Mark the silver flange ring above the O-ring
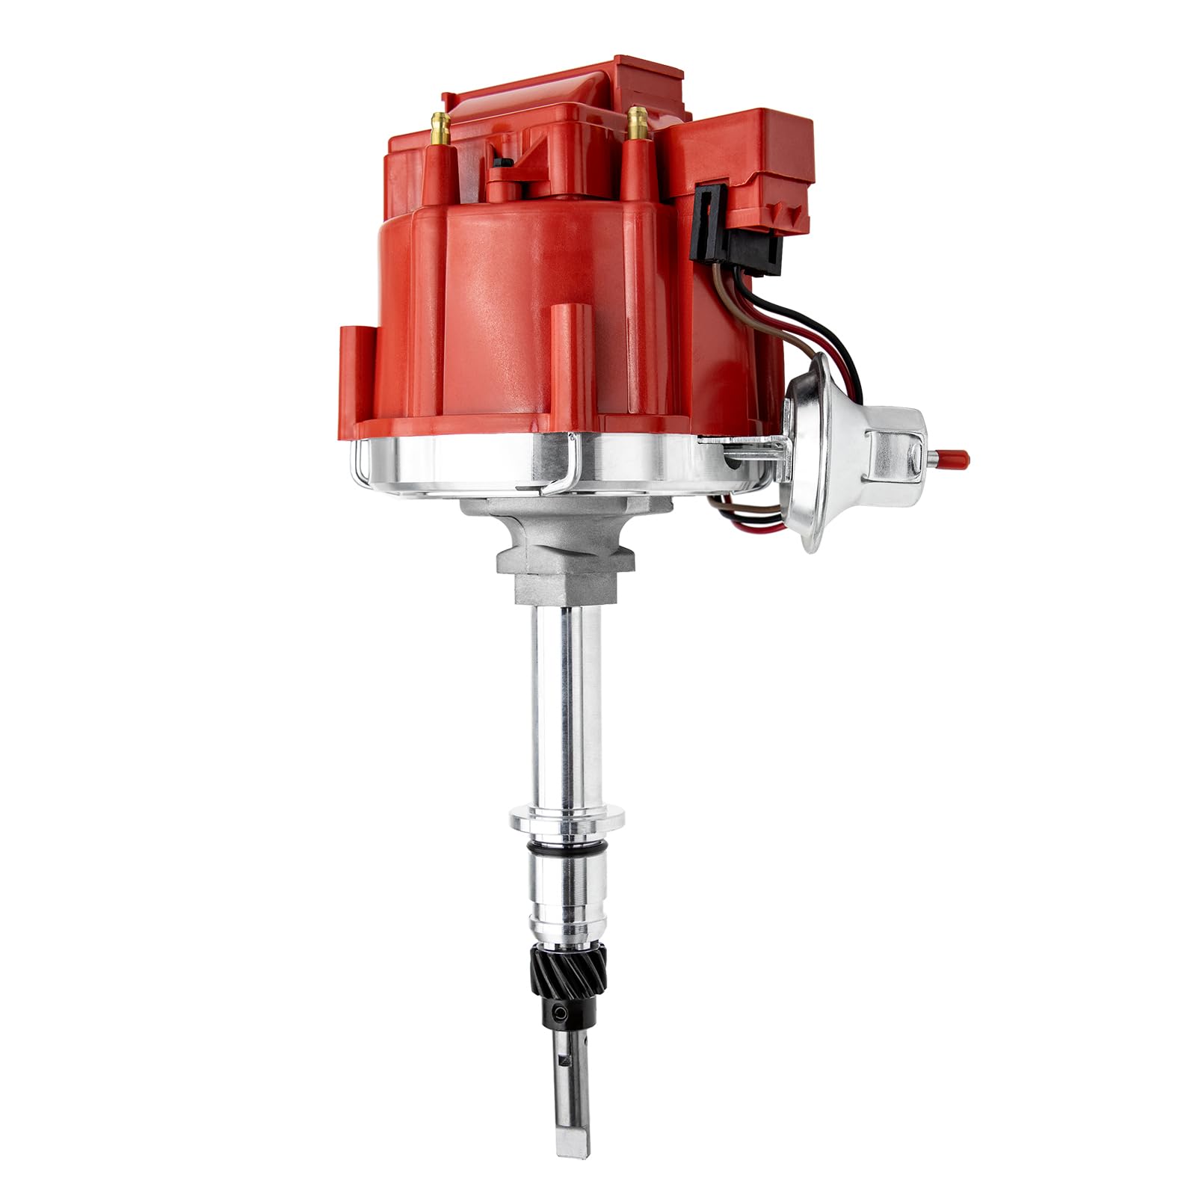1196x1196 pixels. pos(567,820)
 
